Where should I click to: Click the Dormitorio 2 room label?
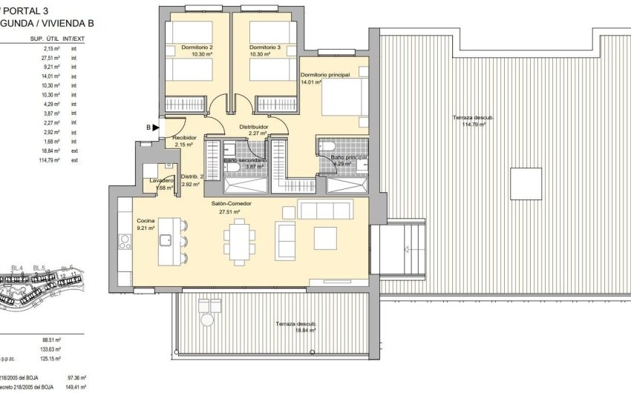pyautogui.click(x=197, y=47)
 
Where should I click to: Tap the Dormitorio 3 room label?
pyautogui.click(x=266, y=47)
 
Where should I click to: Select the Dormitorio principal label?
pyautogui.click(x=324, y=76)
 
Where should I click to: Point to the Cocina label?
pyautogui.click(x=146, y=221)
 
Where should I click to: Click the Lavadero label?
pyautogui.click(x=161, y=181)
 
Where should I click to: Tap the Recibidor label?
pyautogui.click(x=183, y=138)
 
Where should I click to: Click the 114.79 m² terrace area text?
pyautogui.click(x=474, y=125)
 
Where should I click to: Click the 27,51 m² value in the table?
pyautogui.click(x=50, y=58)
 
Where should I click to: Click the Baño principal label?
pyautogui.click(x=349, y=157)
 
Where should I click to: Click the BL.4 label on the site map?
pyautogui.click(x=16, y=268)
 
